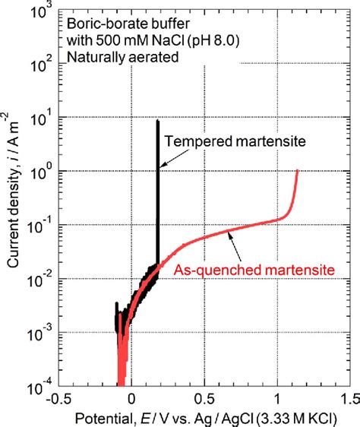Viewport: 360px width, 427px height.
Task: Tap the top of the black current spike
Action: click(x=157, y=122)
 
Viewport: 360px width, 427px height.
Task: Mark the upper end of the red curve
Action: click(x=296, y=171)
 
